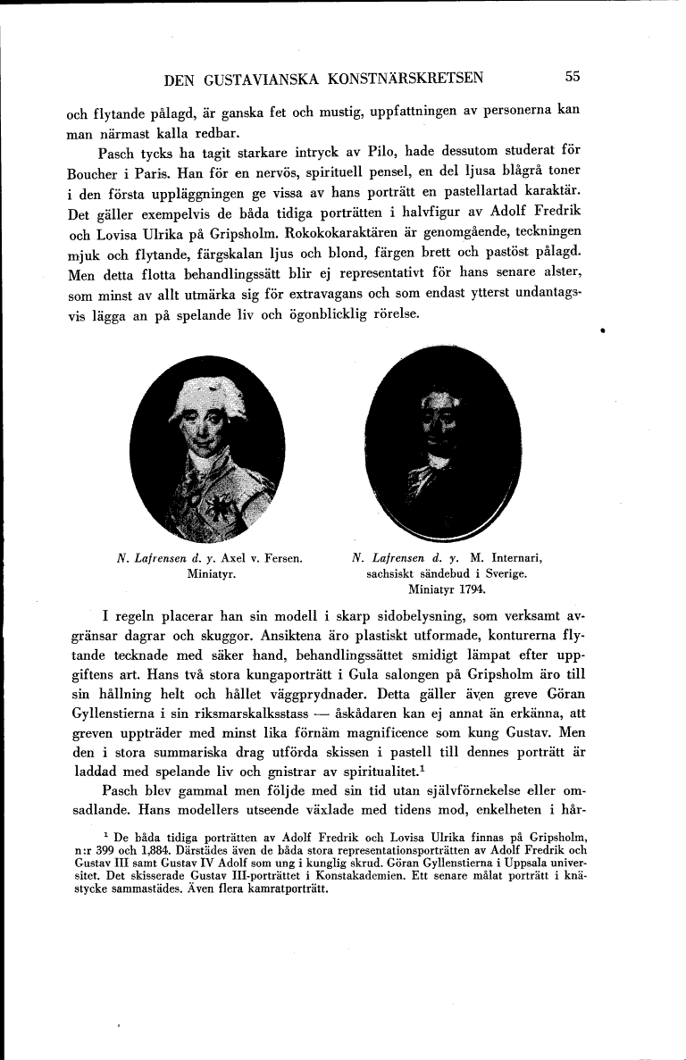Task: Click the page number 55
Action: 573,77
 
